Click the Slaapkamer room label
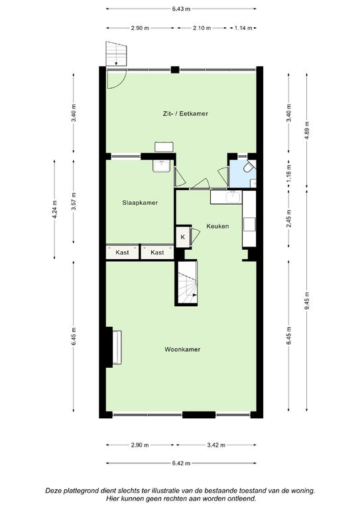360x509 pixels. point(140,203)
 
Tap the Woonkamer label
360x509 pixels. point(182,349)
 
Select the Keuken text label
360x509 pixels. point(217,226)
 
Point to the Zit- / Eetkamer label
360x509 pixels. point(185,113)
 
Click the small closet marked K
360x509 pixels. point(183,237)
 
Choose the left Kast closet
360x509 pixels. point(123,253)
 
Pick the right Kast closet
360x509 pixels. point(157,253)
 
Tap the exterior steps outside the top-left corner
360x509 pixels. point(116,54)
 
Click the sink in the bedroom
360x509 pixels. point(160,166)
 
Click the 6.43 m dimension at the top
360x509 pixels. point(181,9)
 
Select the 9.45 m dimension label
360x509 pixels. point(307,302)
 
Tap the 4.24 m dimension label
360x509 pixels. point(55,209)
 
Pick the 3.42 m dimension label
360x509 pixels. point(216,445)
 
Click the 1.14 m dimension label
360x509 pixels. point(243,28)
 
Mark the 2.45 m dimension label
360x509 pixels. point(289,219)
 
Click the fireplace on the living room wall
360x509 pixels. point(114,347)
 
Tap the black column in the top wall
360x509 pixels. point(175,70)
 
